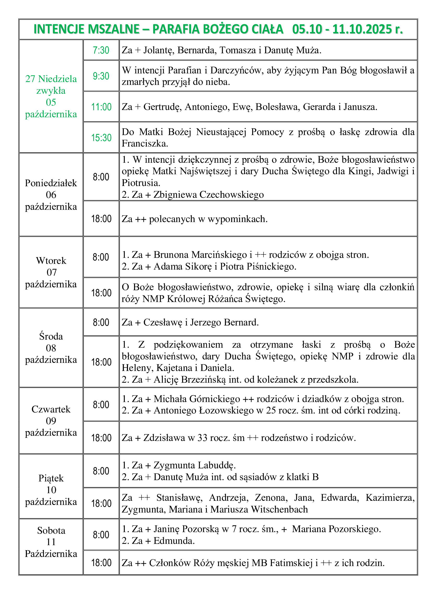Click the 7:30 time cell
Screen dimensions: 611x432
(x=101, y=50)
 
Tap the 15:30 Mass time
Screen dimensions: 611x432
(x=101, y=138)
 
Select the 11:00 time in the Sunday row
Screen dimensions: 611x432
(x=101, y=107)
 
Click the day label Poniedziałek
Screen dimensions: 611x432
(x=51, y=183)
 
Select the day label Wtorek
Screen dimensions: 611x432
(x=51, y=260)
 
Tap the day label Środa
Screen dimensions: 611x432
(x=51, y=336)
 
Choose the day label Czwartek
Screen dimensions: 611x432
(x=51, y=409)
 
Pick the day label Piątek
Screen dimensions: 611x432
(x=51, y=478)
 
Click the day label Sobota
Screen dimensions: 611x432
(x=51, y=530)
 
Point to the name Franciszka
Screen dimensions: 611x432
(x=145, y=144)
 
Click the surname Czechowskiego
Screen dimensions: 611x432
(x=231, y=195)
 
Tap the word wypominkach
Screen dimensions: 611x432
(x=237, y=219)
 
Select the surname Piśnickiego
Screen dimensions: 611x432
(x=271, y=266)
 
